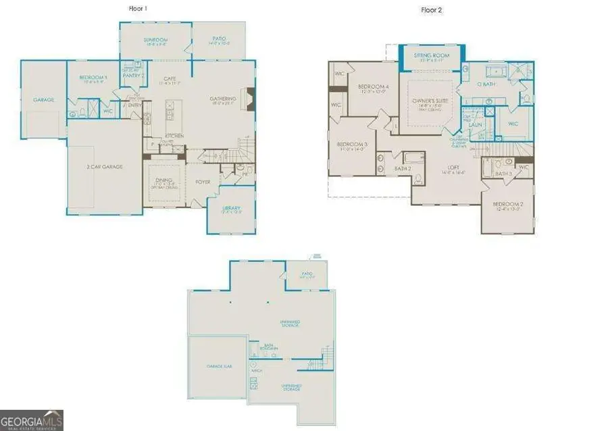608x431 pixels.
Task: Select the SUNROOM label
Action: tap(155, 41)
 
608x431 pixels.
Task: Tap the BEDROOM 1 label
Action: tap(93, 78)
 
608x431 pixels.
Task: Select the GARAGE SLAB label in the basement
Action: tap(219, 365)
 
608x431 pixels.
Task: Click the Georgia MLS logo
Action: tap(32, 418)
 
